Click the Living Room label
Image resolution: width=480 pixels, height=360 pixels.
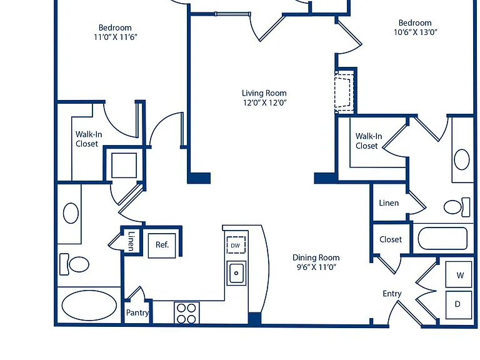coord(264,93)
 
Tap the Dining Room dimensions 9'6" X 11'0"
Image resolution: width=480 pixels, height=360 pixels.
coord(316,267)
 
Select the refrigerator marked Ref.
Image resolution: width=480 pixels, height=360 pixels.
coord(162,246)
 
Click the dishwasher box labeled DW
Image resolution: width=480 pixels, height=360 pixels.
coord(236,245)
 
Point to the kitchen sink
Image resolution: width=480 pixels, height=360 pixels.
coord(236,273)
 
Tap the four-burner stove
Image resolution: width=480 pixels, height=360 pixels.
coord(187,313)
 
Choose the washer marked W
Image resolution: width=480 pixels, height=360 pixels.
coord(459,274)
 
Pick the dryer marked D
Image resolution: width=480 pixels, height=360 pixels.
coord(459,305)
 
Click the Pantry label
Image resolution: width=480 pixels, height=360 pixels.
coord(137,313)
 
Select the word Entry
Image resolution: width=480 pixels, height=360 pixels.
coord(392,294)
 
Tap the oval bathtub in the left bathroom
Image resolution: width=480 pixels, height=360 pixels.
coord(89,305)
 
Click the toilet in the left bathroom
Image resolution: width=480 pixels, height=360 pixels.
coord(74,264)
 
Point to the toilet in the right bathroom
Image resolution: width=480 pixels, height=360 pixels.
coord(457,207)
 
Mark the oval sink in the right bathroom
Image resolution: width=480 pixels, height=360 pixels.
coord(462,159)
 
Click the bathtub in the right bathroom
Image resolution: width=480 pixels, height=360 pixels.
coord(442,239)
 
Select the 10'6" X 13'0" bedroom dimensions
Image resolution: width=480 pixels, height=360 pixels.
coord(416,32)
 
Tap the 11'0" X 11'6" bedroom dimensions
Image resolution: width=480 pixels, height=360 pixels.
coord(116,37)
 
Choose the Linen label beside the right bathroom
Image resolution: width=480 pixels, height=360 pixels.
coord(389,203)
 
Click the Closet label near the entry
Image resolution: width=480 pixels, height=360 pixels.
coord(391,239)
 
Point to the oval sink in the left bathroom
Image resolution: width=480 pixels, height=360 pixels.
coord(71,213)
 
